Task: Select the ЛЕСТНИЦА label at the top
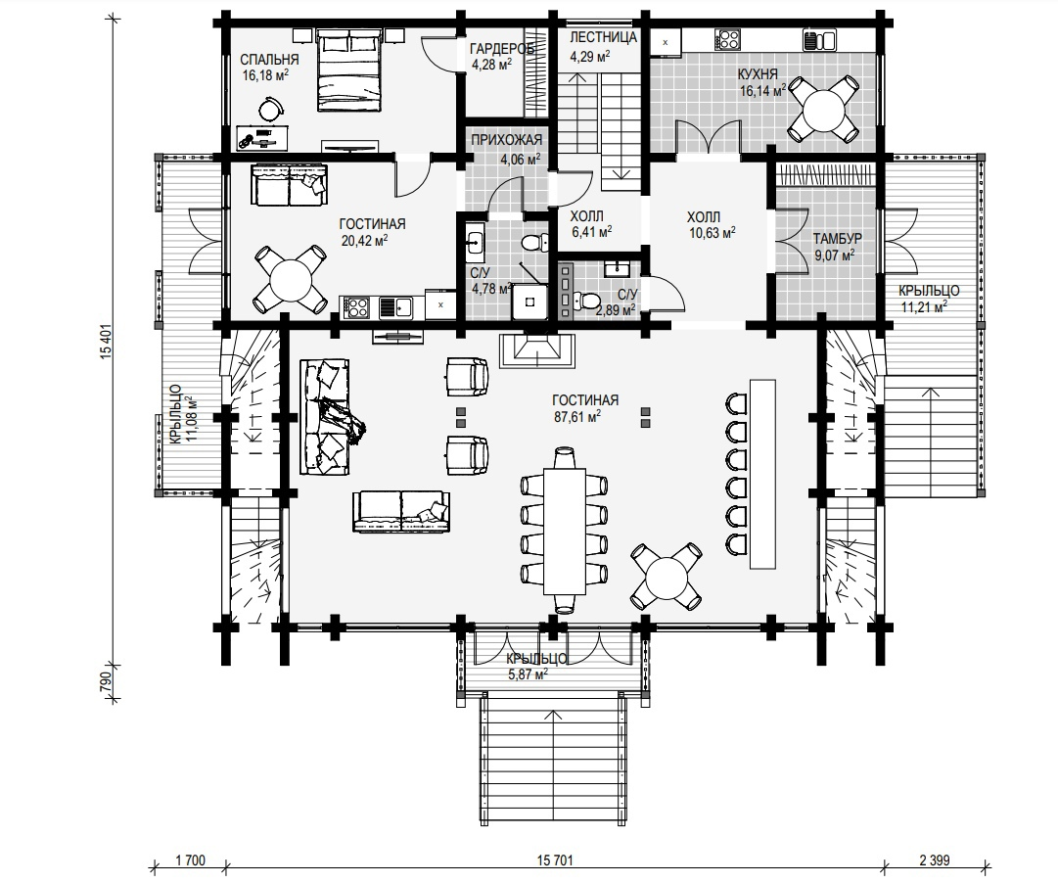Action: coord(603,37)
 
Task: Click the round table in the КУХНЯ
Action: coord(824,109)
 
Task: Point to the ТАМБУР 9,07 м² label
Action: coord(837,247)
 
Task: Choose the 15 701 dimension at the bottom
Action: coord(555,860)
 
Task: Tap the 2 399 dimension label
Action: coord(934,860)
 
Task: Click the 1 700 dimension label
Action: coord(190,860)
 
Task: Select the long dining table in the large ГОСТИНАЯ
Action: coord(565,532)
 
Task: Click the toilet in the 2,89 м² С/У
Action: coord(585,302)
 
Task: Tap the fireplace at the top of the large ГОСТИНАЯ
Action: coord(537,350)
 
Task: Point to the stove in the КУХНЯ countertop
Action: coord(729,38)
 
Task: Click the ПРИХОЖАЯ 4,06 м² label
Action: coord(507,150)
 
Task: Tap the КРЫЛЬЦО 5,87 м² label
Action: coord(535,667)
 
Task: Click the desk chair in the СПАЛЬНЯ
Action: coord(271,108)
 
